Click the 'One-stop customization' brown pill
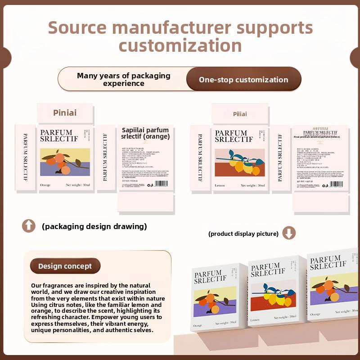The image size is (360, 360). [x=243, y=80]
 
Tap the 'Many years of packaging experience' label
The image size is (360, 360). [x=123, y=79]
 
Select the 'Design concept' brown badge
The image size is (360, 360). [x=65, y=266]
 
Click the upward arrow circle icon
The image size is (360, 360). [x=29, y=226]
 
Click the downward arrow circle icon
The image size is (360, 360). [x=289, y=233]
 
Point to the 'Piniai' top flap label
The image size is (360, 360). [x=65, y=112]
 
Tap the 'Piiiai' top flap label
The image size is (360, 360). [x=239, y=114]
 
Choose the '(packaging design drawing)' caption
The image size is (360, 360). [x=94, y=226]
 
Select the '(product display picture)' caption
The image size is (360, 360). [x=243, y=234]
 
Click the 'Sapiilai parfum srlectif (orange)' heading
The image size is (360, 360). [x=145, y=133]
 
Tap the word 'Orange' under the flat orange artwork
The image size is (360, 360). [x=45, y=185]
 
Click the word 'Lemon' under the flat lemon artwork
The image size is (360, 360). [x=220, y=185]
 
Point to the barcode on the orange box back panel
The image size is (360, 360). [x=160, y=184]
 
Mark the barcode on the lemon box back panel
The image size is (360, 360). [x=336, y=184]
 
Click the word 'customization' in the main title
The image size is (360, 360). [x=180, y=46]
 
